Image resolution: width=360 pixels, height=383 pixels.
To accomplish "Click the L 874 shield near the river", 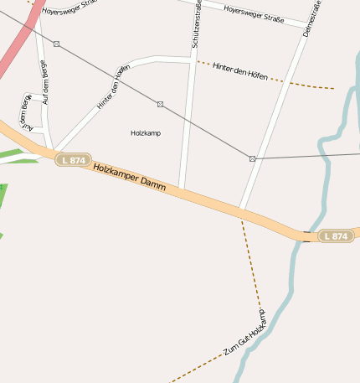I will (334, 236).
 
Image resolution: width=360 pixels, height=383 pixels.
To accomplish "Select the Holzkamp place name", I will (146, 133).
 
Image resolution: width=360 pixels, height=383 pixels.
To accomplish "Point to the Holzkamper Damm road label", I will (129, 179).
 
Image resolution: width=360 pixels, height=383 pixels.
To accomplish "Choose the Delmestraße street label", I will (312, 17).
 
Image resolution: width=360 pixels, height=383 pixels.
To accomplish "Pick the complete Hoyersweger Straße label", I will (255, 13).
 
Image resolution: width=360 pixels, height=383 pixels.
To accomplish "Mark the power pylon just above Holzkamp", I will (160, 105).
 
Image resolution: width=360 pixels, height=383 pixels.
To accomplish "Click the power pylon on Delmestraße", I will (252, 158).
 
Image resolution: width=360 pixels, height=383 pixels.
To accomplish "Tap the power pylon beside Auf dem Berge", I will (56, 44).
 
